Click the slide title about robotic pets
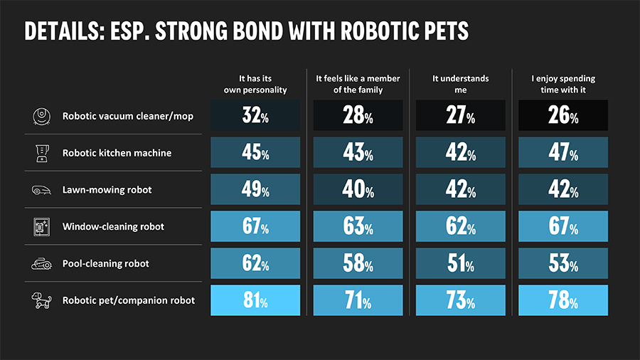point(246,31)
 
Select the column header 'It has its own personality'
point(255,84)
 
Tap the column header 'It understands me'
point(460,84)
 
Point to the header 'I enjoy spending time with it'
point(562,84)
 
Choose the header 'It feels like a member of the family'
point(358,84)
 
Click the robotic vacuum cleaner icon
point(40,116)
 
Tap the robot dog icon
point(40,300)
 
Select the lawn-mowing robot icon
point(40,190)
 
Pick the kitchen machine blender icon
point(40,153)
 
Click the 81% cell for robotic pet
point(255,300)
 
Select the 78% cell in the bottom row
point(562,300)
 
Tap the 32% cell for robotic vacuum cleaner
point(255,116)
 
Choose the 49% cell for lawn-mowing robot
point(255,190)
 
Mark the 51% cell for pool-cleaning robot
point(460,264)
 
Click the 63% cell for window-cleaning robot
point(358,227)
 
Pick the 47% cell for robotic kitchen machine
point(562,153)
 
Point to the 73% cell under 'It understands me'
point(460,300)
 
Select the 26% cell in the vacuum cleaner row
point(562,116)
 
